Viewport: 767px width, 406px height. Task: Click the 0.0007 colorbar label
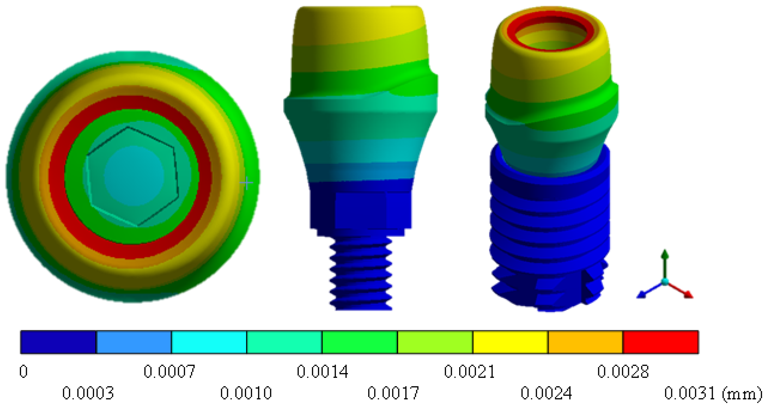click(169, 371)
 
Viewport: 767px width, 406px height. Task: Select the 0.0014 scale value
click(322, 371)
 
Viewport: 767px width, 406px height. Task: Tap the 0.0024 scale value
click(546, 393)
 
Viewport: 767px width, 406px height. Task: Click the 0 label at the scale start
click(24, 371)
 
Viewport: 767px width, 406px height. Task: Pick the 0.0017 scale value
click(393, 393)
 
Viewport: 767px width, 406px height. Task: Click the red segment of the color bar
click(660, 342)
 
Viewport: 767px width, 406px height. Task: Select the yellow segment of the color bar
click(510, 342)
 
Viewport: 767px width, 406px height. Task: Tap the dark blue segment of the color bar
click(58, 342)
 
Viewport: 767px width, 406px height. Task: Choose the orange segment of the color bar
click(585, 342)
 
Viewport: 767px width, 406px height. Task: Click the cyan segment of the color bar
click(209, 342)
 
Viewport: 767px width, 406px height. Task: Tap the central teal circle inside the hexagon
click(134, 175)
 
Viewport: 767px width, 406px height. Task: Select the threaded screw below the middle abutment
click(361, 274)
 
